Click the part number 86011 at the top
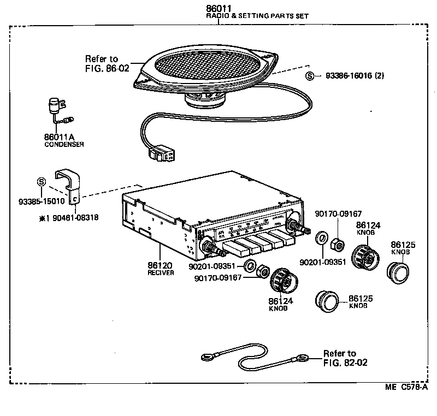218,8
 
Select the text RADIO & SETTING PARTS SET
257,16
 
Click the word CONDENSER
64,145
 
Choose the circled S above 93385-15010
41,182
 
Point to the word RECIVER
161,273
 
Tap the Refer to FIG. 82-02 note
344,358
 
